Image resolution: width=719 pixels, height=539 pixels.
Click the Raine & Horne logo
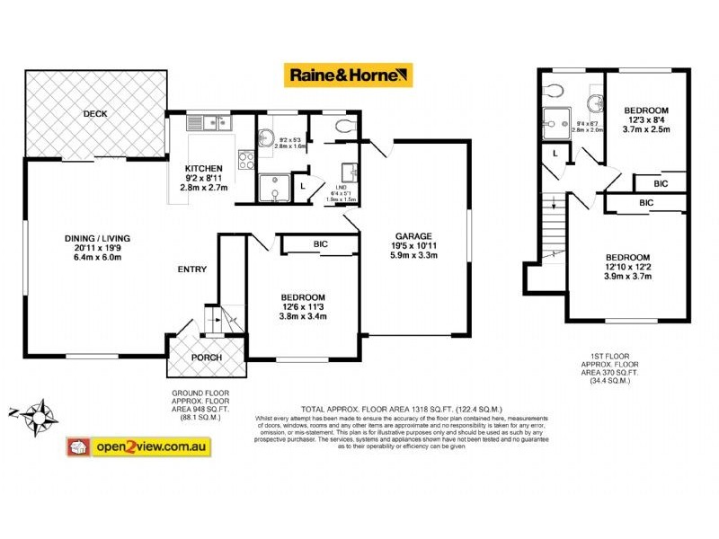point(349,75)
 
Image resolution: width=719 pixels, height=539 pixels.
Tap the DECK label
point(95,114)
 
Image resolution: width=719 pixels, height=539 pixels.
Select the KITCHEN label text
point(204,168)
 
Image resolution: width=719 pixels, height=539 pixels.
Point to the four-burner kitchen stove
point(244,159)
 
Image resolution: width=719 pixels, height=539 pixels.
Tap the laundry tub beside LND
point(351,172)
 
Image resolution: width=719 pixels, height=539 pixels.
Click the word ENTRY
point(192,269)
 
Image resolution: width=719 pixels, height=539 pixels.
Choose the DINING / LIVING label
point(98,238)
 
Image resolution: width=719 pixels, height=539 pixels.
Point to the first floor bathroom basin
point(593,100)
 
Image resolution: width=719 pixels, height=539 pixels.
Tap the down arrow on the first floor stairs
point(555,204)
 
